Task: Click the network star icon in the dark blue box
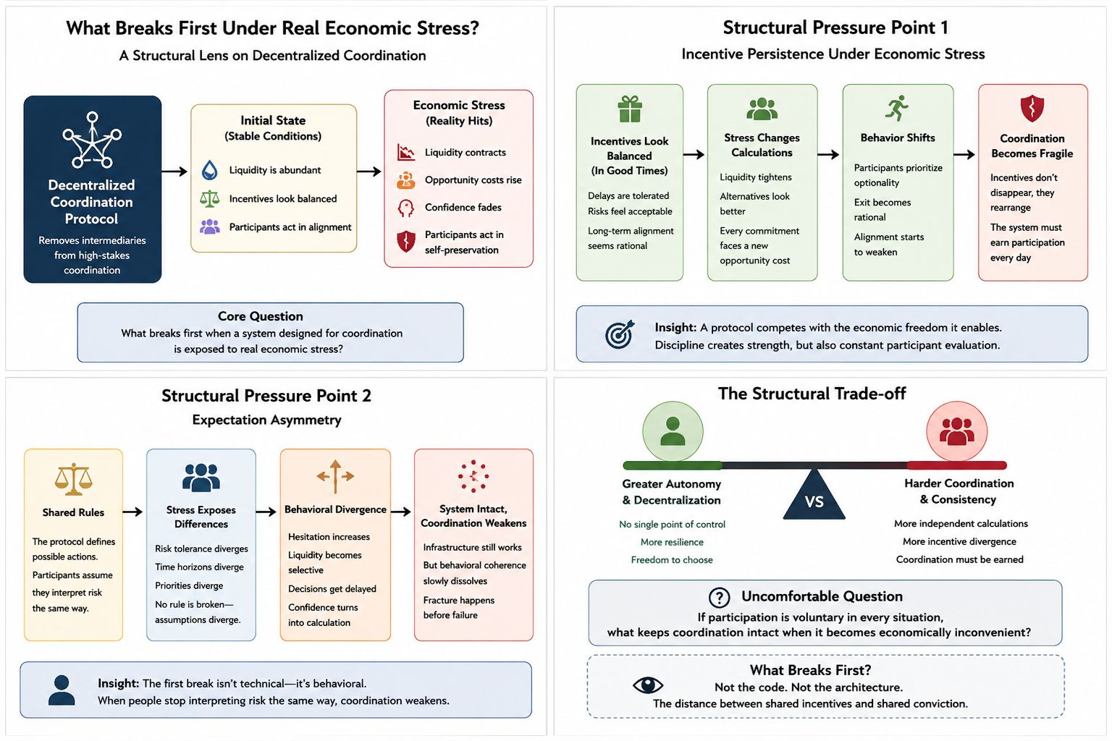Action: [93, 140]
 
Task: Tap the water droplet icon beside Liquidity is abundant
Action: [209, 170]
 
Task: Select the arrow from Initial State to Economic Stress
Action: [368, 172]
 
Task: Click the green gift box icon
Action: [629, 109]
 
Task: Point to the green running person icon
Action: [897, 108]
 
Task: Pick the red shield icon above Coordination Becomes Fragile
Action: [1032, 109]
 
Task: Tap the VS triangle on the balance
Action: [814, 495]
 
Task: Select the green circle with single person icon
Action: [673, 431]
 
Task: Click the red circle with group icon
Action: [956, 431]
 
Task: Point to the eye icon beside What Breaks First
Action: [648, 685]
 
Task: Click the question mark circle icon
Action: [720, 598]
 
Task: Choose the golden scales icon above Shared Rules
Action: [73, 479]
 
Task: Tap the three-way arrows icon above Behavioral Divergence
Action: [336, 476]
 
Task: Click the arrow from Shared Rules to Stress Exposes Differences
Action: [132, 512]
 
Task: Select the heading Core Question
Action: [260, 316]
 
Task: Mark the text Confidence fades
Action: [463, 207]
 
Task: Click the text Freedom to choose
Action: [672, 560]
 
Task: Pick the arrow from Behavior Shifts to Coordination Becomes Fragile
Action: [964, 155]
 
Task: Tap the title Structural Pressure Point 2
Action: [266, 396]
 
